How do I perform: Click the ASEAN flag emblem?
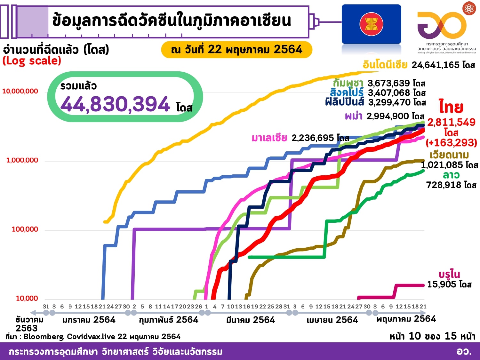tap(371, 24)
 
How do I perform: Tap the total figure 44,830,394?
tap(115, 104)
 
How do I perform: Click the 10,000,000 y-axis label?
tap(20, 91)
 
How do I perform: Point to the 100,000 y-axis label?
tap(25, 229)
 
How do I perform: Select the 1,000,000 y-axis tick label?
tap(22, 160)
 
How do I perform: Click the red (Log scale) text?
tap(32, 61)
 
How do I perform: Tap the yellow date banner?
tap(236, 50)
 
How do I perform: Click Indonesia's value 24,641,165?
tap(436, 65)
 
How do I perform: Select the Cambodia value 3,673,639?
tap(388, 83)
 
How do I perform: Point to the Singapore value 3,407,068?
tap(389, 93)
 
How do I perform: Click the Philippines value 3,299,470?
tap(389, 102)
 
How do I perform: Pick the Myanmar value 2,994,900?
tap(388, 116)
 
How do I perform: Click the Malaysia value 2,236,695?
tap(313, 138)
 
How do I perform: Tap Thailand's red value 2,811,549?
tap(451, 122)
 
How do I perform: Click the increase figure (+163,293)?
tap(451, 142)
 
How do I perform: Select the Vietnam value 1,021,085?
tap(442, 165)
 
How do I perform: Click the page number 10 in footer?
tap(414, 336)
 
